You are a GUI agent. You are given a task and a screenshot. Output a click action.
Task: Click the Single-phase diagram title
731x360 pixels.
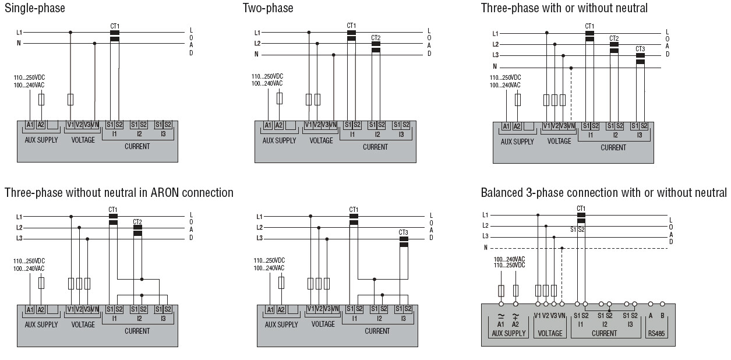click(x=34, y=8)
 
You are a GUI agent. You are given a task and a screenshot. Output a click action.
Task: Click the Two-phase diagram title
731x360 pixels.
click(x=268, y=8)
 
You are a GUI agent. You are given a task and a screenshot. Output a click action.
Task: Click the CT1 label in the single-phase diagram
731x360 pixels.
click(x=115, y=26)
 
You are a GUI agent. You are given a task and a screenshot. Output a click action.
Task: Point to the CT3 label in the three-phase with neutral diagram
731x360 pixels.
click(x=640, y=49)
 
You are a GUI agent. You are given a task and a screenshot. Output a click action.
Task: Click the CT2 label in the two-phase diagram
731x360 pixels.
click(x=376, y=37)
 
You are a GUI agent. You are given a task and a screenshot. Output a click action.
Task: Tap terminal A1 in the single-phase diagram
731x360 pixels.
click(x=30, y=125)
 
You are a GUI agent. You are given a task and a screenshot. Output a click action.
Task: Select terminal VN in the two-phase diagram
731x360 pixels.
click(x=333, y=125)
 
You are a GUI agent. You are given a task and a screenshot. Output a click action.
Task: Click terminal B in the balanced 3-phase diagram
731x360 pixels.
click(x=662, y=315)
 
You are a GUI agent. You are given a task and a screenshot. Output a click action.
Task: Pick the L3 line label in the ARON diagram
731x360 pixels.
click(x=19, y=238)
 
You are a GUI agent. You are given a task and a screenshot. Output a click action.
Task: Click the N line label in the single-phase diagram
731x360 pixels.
click(x=19, y=43)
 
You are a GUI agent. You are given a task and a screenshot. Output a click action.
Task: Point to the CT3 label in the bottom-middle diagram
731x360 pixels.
click(x=403, y=232)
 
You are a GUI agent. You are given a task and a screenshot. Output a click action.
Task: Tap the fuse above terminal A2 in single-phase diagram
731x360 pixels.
click(x=41, y=100)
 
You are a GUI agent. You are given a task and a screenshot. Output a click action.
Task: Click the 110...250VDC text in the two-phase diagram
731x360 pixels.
click(x=267, y=76)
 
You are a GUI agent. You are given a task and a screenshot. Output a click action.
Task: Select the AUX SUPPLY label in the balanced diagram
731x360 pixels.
click(x=508, y=334)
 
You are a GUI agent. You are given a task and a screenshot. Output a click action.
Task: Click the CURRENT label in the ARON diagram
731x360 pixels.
click(x=137, y=331)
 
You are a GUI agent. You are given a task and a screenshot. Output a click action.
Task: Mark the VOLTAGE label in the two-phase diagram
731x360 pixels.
click(x=321, y=140)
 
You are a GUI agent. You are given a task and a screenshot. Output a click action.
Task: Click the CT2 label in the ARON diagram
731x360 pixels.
click(x=137, y=221)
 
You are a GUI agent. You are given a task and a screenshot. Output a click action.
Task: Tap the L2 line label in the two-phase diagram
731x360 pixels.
click(x=257, y=44)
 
